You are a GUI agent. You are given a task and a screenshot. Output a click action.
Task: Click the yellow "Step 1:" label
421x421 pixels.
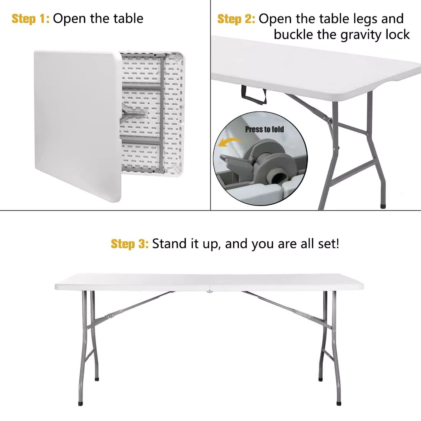coord(30,19)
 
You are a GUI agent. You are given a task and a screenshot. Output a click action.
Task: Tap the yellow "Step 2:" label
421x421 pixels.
coord(236,19)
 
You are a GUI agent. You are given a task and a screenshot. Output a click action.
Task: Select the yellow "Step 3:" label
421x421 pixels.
coord(130,244)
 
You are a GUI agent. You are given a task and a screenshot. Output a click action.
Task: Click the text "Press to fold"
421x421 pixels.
coord(264,130)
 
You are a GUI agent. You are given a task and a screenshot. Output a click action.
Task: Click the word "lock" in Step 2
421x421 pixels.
coord(398,35)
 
